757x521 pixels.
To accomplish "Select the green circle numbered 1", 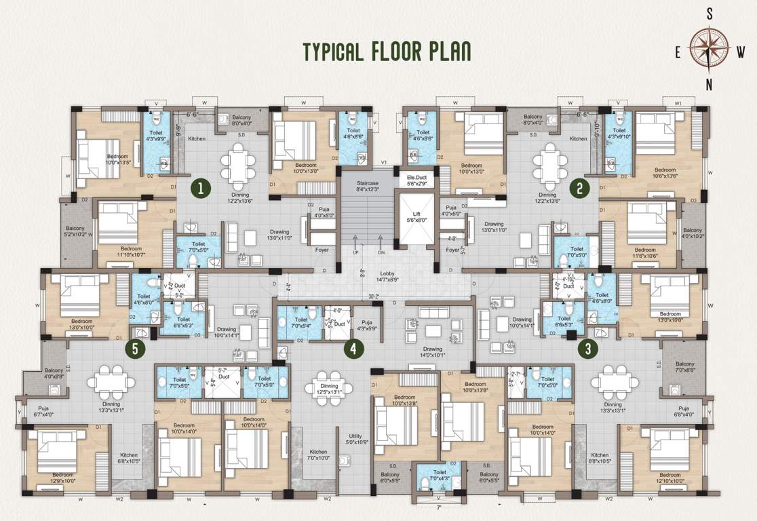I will [x=199, y=187].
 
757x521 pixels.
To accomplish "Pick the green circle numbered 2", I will [x=579, y=187].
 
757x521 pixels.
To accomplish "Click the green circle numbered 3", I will [x=587, y=349].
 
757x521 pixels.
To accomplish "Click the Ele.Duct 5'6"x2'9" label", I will [x=416, y=180].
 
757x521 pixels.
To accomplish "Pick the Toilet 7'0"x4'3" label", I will [x=438, y=476].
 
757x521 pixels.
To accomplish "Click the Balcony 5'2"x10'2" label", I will [x=75, y=232].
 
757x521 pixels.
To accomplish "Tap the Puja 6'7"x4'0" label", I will [x=42, y=410].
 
